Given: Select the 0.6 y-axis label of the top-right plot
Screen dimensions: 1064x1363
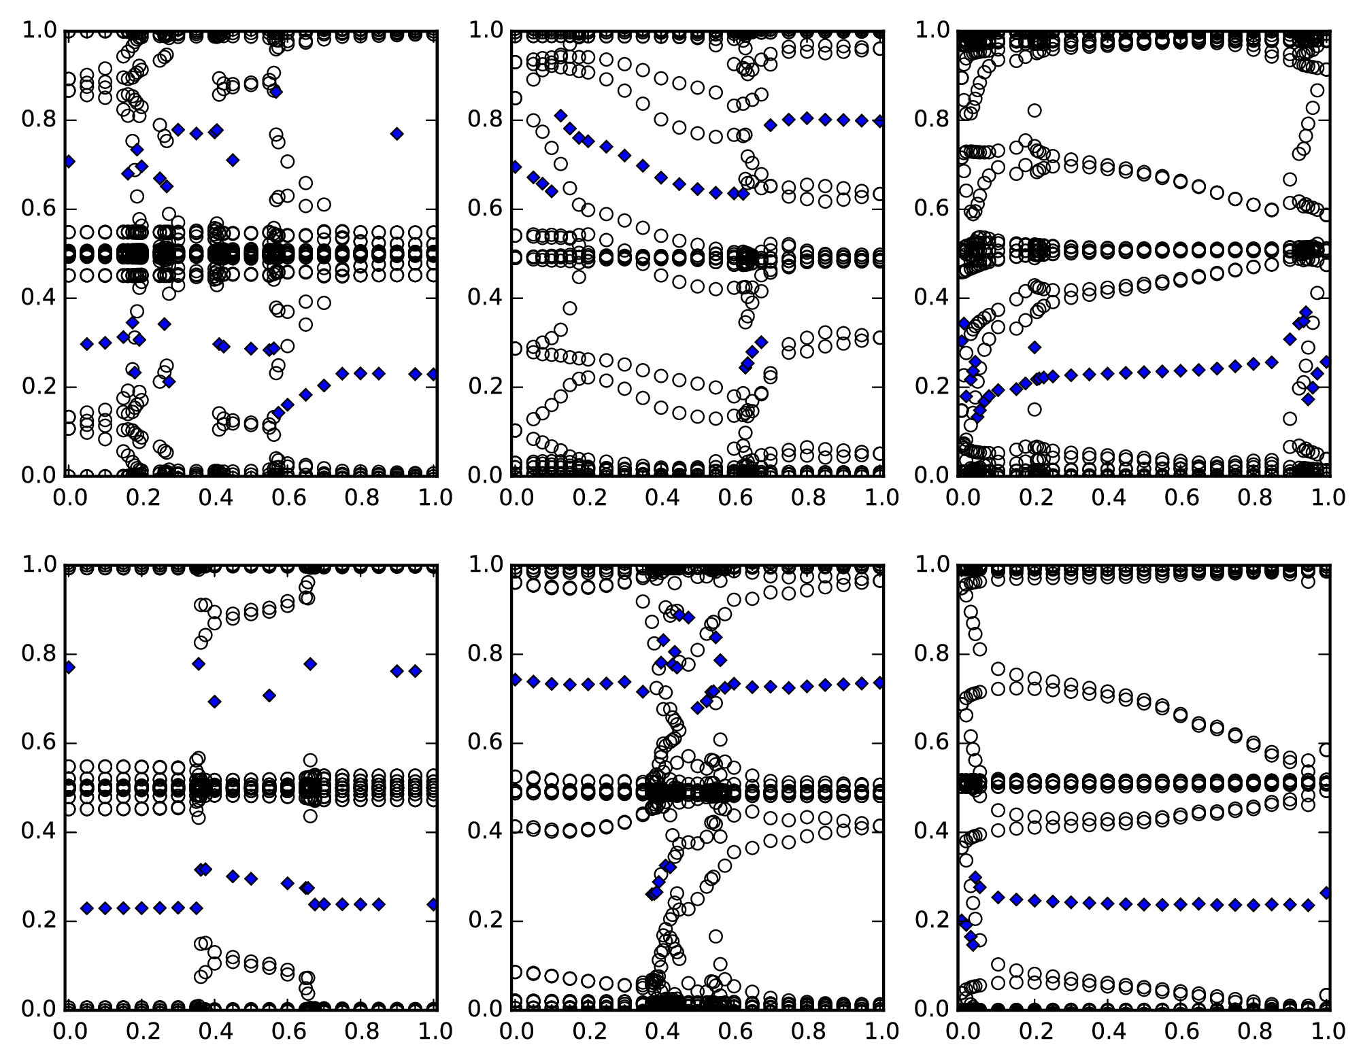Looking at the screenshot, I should pos(932,209).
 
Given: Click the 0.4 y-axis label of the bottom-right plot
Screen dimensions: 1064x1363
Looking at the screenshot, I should pos(932,832).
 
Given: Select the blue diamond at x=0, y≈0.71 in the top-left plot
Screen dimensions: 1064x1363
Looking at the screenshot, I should pos(68,161).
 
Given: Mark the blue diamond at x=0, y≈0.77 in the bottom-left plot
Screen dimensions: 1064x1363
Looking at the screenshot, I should pos(68,667).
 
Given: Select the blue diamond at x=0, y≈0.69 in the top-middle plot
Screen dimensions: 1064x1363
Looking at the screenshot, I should pos(516,167).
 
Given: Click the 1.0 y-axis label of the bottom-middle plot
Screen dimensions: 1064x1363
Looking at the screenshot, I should pos(484,566).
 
